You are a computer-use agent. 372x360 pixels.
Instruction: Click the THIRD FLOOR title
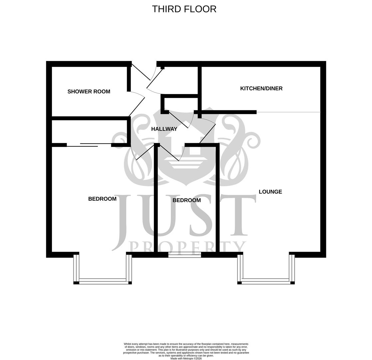click(184, 9)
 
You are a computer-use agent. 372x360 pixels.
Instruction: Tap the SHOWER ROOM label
click(89, 92)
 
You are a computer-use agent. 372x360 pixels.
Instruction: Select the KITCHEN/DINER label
click(261, 88)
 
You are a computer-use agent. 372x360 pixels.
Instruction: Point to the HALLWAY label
click(164, 129)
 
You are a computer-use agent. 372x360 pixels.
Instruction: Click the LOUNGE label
click(270, 192)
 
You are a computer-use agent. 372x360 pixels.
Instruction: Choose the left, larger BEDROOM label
click(102, 199)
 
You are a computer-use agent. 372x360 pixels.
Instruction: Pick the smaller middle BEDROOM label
click(186, 200)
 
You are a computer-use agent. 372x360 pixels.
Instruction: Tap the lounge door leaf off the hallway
click(207, 134)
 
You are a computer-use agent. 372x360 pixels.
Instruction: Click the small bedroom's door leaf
click(169, 153)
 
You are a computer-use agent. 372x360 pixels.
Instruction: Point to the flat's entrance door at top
click(141, 72)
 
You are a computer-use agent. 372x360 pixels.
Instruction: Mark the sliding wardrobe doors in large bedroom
click(89, 145)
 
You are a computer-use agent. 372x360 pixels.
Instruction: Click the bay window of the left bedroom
click(103, 281)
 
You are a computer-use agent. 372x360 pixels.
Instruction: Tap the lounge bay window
click(266, 281)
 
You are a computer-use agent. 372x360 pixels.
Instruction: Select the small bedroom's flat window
click(185, 255)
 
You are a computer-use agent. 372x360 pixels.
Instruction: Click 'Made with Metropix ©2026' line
click(186, 358)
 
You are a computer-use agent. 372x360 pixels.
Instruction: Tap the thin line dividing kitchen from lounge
click(288, 112)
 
